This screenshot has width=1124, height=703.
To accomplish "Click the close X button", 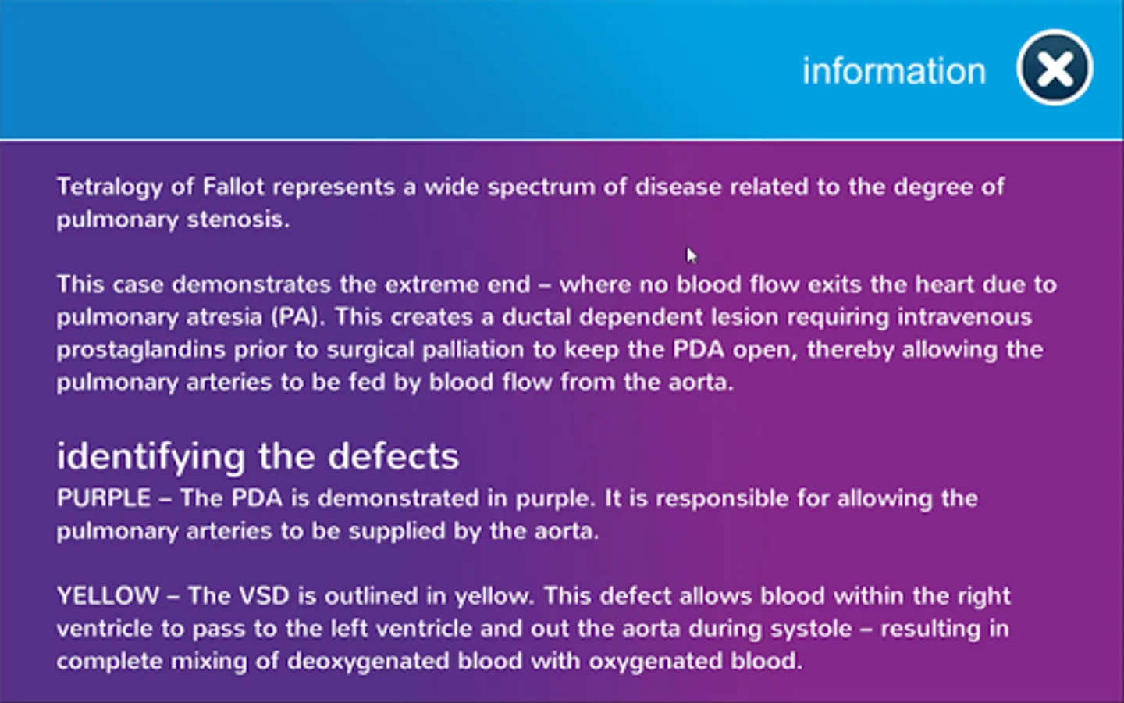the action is pyautogui.click(x=1055, y=67).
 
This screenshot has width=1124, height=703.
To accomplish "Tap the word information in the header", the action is pyautogui.click(x=894, y=70).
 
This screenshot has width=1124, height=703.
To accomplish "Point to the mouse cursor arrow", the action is pyautogui.click(x=692, y=255).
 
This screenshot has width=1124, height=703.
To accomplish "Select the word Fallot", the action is pyautogui.click(x=233, y=186).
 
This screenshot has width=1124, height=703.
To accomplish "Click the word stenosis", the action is pyautogui.click(x=238, y=219).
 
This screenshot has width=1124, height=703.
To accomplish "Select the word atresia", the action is pyautogui.click(x=224, y=317).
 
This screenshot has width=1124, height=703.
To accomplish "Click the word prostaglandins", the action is pyautogui.click(x=140, y=351).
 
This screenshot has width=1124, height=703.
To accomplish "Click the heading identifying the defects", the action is pyautogui.click(x=258, y=457).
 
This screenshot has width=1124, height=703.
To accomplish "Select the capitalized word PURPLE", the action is pyautogui.click(x=104, y=498).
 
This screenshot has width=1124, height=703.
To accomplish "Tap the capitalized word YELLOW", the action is pyautogui.click(x=108, y=596).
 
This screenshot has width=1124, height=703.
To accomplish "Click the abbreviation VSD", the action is pyautogui.click(x=264, y=596).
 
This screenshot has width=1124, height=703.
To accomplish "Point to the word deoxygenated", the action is pyautogui.click(x=368, y=662).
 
